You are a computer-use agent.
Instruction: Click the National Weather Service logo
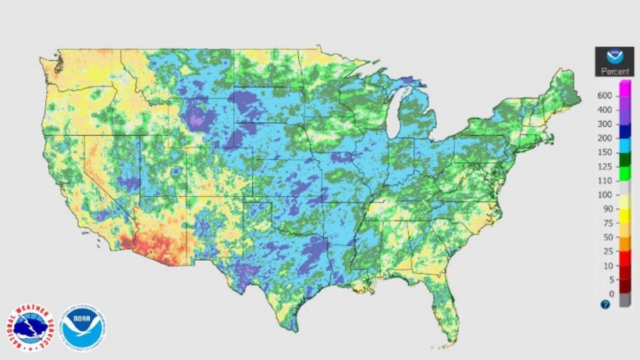tap(31, 326)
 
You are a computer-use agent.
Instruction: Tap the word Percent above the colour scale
tap(614, 72)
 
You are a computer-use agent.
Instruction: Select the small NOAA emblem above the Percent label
tap(614, 57)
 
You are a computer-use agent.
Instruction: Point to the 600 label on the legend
tap(604, 95)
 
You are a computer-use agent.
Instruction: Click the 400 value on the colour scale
tap(604, 109)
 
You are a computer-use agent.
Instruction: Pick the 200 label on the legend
tap(604, 137)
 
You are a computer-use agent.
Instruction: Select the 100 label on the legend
tap(604, 194)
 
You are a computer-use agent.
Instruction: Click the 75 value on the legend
tap(606, 223)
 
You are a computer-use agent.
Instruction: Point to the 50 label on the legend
tap(606, 237)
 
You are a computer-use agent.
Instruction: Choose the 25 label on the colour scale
tap(606, 251)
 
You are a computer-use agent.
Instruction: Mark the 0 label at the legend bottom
tap(609, 294)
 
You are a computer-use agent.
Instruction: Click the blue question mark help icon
tap(605, 305)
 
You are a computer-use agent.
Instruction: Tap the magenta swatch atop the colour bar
tap(625, 87)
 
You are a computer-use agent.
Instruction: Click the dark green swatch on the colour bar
tap(625, 159)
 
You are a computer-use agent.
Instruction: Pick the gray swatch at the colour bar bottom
tap(625, 301)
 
